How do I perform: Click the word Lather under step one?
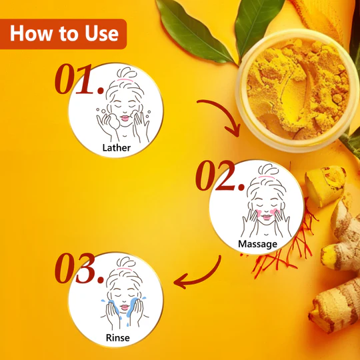117,147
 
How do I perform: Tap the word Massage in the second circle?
257,244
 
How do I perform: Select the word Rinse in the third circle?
118,338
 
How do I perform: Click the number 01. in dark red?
79,79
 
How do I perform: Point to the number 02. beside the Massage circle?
220,175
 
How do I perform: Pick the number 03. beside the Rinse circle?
79,268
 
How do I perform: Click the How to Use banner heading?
64,33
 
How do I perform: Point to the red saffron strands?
289,248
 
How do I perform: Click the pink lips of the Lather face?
125,118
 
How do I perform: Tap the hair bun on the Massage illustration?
268,169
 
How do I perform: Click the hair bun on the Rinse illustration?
126,263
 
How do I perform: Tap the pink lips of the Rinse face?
125,307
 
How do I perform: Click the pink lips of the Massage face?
266,217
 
